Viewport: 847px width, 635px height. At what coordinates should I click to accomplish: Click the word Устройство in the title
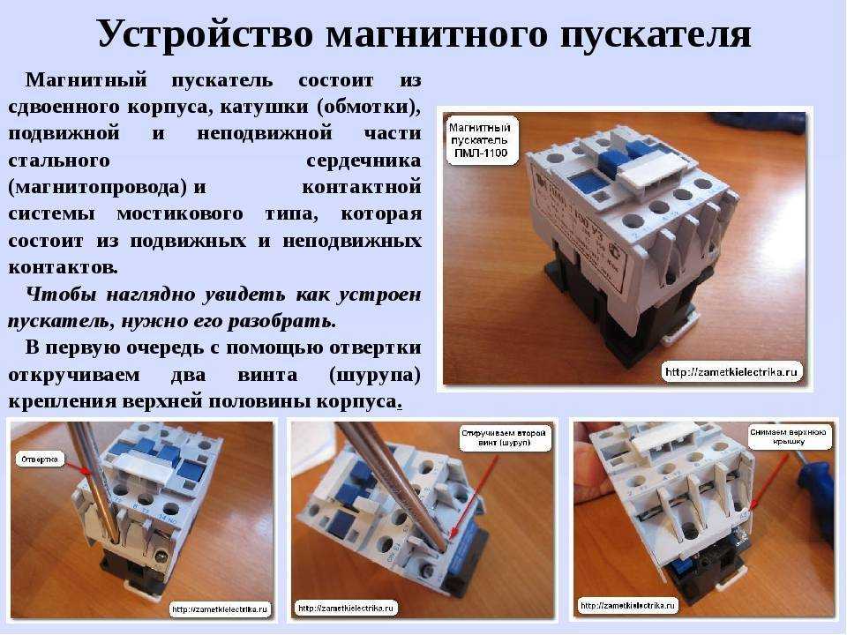point(204,34)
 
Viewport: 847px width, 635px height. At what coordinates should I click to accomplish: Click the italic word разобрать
point(288,319)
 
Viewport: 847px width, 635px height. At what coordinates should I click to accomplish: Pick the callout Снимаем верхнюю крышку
point(789,439)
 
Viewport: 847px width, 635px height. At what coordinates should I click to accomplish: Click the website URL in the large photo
point(731,371)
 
